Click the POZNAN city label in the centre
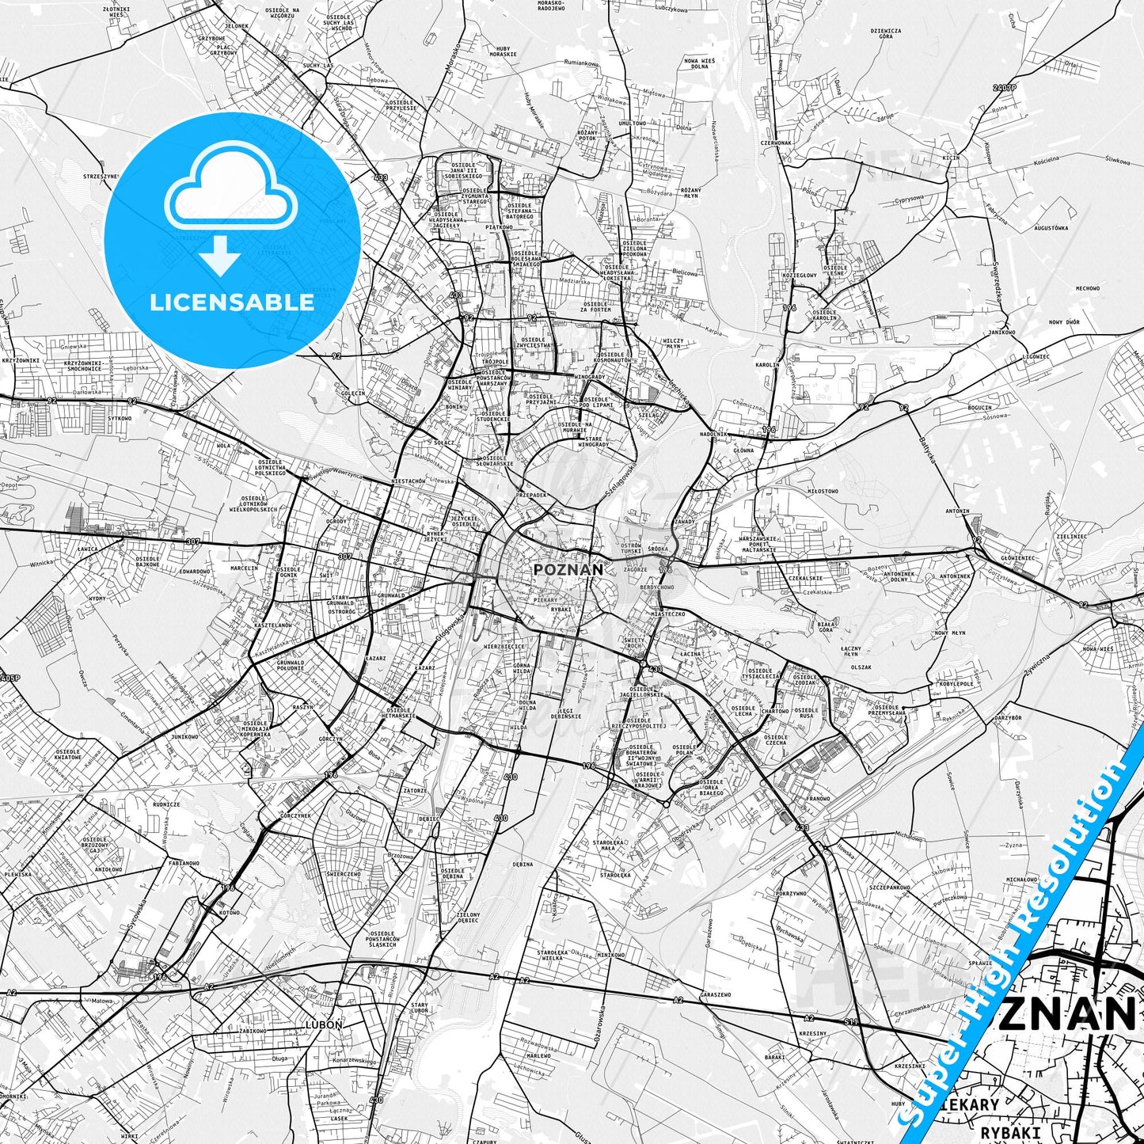(568, 569)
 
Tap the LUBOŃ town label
(323, 1024)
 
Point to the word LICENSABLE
(232, 302)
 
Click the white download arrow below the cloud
(220, 255)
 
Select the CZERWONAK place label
(776, 143)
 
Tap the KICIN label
(951, 158)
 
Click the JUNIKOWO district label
(184, 736)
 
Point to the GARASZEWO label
(716, 994)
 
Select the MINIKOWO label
(611, 955)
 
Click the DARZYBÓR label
(1008, 717)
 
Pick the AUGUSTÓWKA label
(1051, 228)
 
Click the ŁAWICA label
(87, 549)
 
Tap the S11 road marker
(849, 1022)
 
